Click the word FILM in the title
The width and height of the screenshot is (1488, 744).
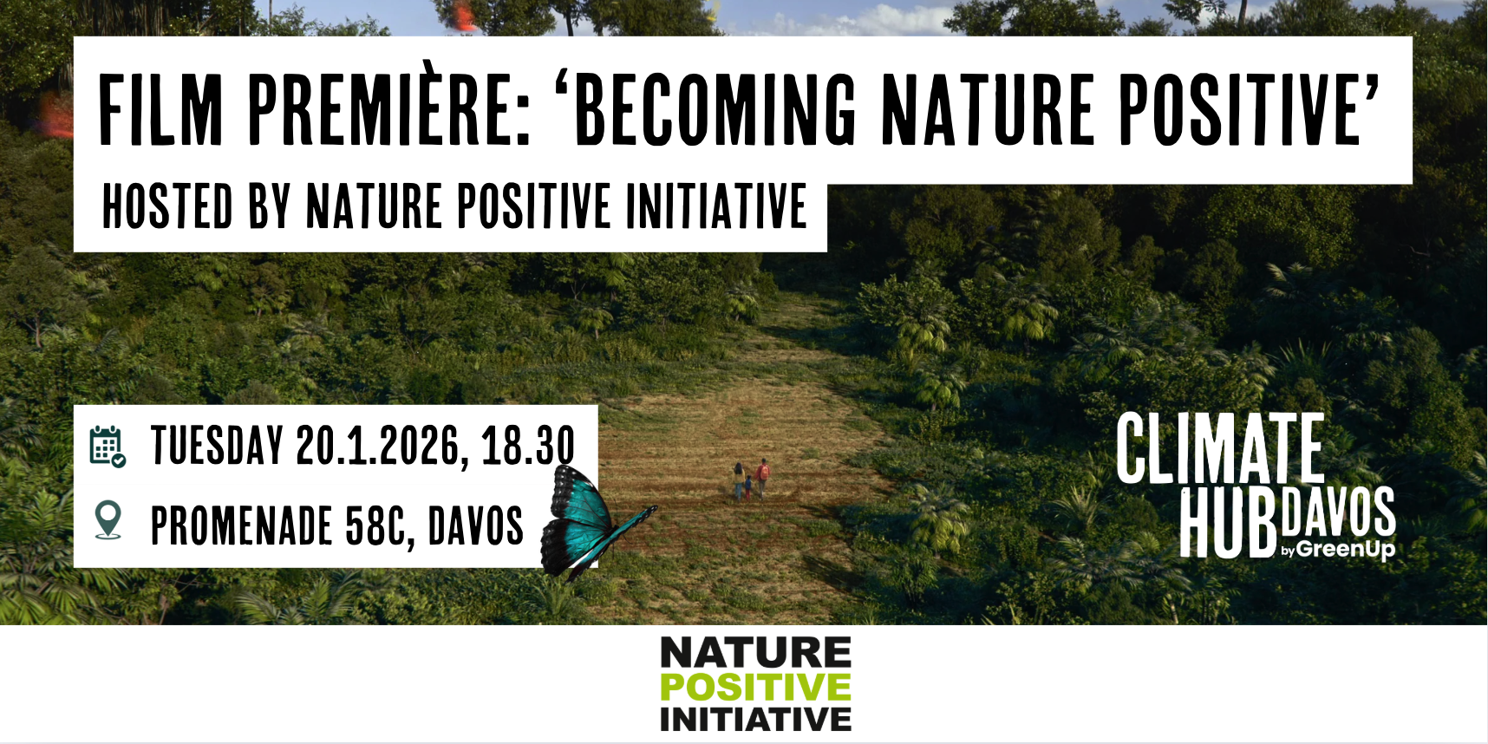[161, 109]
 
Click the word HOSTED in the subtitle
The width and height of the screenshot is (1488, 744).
[168, 206]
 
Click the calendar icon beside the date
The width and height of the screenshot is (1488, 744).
[108, 447]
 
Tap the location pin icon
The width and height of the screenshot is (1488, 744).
[108, 520]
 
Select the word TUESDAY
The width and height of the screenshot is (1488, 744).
[218, 446]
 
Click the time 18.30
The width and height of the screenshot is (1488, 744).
[528, 446]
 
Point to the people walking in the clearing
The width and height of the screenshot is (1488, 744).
[751, 480]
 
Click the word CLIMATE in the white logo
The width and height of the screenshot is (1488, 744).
[1220, 448]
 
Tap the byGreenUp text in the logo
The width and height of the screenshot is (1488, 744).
[1338, 549]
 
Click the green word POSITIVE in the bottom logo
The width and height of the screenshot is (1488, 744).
[755, 688]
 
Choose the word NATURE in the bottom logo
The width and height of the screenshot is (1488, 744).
[755, 652]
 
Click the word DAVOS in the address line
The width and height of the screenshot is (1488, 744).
[476, 525]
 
